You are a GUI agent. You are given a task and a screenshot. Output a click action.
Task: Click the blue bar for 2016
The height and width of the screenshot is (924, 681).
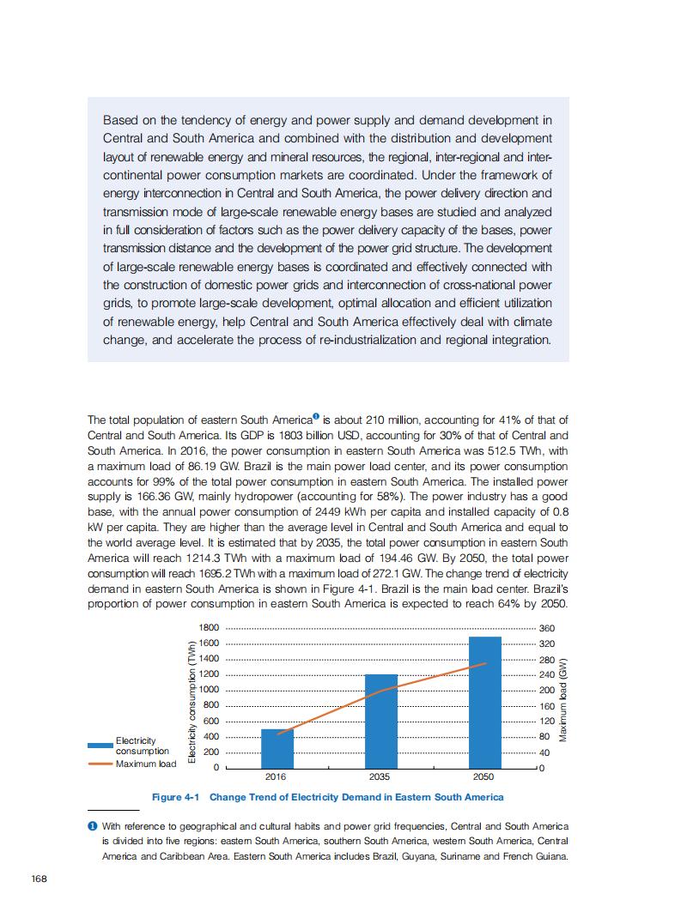(x=277, y=748)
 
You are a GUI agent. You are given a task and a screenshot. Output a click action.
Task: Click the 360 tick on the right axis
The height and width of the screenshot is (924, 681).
(x=546, y=628)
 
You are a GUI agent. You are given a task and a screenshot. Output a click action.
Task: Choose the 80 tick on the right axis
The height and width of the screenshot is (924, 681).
(x=544, y=736)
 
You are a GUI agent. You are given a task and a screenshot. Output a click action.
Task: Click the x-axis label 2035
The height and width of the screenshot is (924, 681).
(x=379, y=776)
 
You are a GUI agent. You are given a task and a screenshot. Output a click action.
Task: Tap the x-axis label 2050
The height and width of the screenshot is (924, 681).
(x=483, y=776)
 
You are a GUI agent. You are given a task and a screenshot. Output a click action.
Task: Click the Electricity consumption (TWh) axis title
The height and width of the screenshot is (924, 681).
(x=192, y=697)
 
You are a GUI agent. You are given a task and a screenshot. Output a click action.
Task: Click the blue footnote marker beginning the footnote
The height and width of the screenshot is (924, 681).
(x=92, y=825)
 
